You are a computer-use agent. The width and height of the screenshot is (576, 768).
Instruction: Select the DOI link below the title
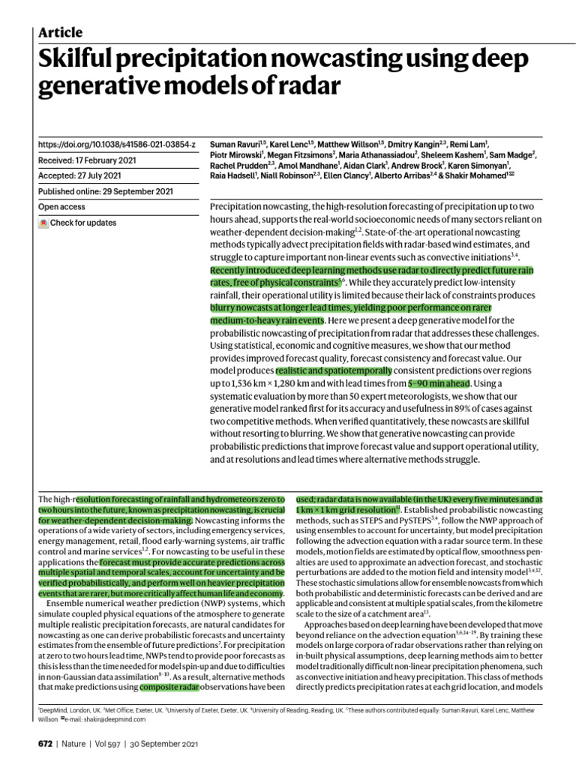pos(117,142)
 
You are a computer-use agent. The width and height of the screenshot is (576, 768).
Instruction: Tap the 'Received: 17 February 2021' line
pos(88,159)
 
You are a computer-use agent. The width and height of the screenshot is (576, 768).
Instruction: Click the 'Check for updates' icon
pos(44,223)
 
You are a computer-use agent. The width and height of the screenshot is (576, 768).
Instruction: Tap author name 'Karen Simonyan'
pos(481,163)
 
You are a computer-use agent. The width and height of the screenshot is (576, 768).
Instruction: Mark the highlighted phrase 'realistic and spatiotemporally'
pos(334,370)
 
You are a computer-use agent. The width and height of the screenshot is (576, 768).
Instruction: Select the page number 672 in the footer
pos(46,743)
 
